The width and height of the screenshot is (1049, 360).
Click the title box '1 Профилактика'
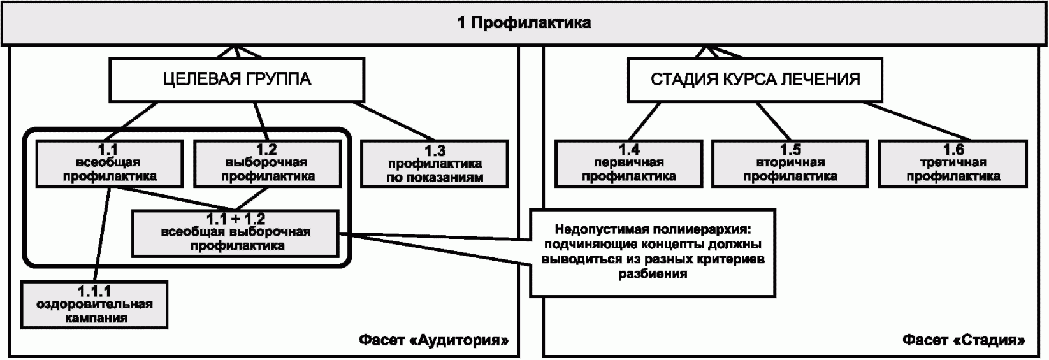click(x=524, y=24)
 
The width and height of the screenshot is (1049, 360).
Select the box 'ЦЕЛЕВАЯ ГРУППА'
click(x=237, y=80)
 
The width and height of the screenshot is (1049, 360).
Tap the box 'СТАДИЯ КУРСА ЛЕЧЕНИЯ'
click(x=755, y=80)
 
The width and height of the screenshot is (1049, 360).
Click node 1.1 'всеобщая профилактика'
click(x=109, y=163)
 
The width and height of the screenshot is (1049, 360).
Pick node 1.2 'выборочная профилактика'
click(x=268, y=163)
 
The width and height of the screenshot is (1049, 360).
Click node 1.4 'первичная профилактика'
click(x=628, y=163)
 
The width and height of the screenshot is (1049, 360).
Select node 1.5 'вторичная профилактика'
click(x=790, y=163)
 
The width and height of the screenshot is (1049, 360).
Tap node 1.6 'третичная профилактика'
click(x=953, y=163)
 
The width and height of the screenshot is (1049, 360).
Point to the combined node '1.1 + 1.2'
click(x=236, y=233)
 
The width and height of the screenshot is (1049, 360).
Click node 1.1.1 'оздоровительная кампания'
click(x=95, y=305)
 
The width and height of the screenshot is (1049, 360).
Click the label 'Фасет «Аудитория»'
click(x=433, y=340)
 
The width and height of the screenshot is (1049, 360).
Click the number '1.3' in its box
click(x=435, y=152)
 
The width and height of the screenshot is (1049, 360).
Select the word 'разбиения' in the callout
click(x=653, y=275)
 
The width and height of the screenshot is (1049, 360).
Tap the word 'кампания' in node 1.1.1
click(x=95, y=318)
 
